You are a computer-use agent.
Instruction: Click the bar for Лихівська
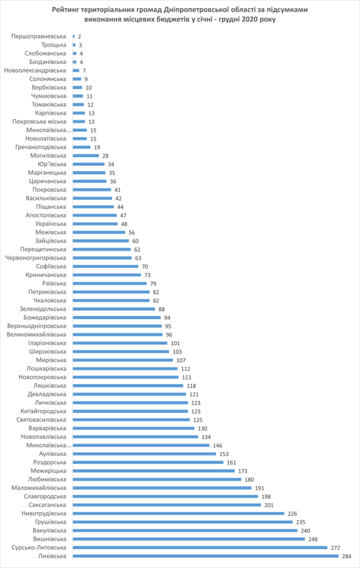tap(205, 556)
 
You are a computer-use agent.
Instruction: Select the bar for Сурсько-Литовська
tap(200, 547)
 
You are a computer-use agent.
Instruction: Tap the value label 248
tap(313, 539)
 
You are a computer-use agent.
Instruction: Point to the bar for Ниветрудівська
tap(178, 514)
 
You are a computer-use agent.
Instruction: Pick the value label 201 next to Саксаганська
tap(270, 505)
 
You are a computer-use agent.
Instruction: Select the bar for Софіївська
tap(105, 266)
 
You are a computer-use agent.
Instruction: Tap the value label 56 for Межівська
tap(133, 232)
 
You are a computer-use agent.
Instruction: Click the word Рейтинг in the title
tap(69, 10)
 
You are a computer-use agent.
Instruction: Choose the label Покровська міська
tap(40, 121)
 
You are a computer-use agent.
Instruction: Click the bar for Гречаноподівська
tap(82, 147)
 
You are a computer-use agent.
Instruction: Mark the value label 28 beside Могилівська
tap(106, 156)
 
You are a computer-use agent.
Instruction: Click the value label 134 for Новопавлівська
tap(206, 437)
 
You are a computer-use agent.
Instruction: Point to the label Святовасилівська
tap(40, 419)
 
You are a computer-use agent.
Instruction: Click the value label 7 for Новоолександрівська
tap(84, 71)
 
